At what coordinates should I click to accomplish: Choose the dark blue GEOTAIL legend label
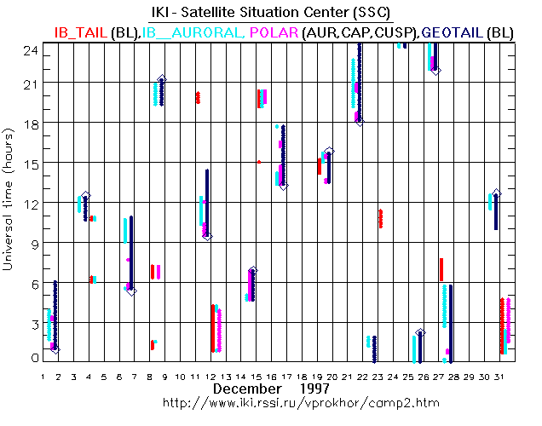(450, 32)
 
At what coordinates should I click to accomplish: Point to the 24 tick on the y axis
(31, 49)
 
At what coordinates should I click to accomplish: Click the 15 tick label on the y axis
(31, 162)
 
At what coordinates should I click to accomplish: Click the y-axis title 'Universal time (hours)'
(9, 199)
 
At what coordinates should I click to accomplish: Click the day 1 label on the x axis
(43, 376)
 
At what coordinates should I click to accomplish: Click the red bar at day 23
(380, 218)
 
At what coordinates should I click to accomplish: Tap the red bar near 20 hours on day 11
(198, 97)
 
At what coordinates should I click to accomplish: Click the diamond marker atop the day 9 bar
(162, 79)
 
